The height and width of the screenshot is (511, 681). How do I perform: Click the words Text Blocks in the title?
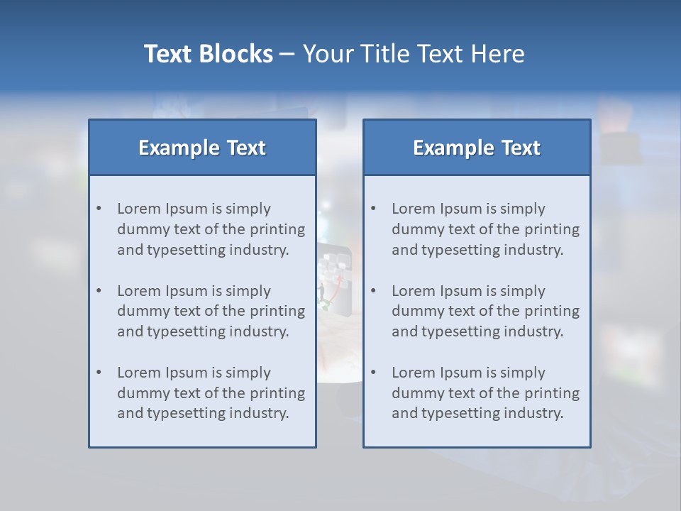pos(209,54)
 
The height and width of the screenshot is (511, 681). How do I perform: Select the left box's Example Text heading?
pos(202,148)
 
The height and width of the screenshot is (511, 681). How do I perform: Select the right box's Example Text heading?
pos(477,148)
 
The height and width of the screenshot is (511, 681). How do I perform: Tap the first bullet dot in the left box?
pos(99,209)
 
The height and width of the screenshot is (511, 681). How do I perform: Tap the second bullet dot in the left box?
pos(99,291)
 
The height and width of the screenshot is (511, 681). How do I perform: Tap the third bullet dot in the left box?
pos(99,373)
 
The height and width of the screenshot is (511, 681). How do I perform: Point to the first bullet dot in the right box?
pos(374,209)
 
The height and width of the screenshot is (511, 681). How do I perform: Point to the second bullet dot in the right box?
pos(374,291)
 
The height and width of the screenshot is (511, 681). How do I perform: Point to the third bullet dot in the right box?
pos(374,373)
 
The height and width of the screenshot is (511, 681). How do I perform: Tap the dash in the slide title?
pos(287,55)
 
